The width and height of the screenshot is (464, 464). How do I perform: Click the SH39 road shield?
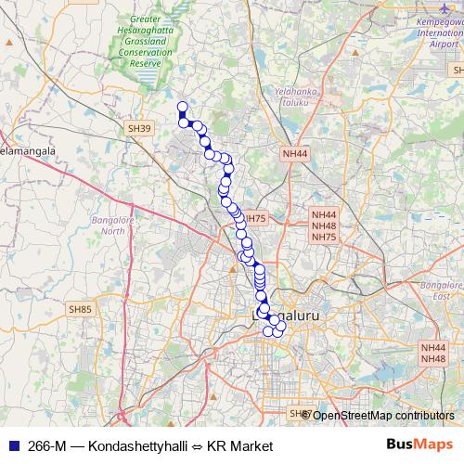pyautogui.click(x=139, y=128)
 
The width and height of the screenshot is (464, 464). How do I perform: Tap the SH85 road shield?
pyautogui.click(x=81, y=308)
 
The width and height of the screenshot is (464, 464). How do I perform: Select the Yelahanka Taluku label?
pyautogui.click(x=296, y=98)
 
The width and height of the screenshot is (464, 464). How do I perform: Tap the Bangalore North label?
pyautogui.click(x=110, y=226)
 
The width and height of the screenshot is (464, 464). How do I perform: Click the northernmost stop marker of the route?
pyautogui.click(x=182, y=107)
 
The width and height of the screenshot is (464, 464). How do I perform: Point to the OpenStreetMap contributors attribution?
pyautogui.click(x=382, y=415)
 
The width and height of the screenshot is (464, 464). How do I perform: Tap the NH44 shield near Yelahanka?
pyautogui.click(x=294, y=153)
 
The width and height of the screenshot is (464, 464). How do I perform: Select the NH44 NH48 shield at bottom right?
pyautogui.click(x=433, y=353)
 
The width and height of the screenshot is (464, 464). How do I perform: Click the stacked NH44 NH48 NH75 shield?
pyautogui.click(x=324, y=226)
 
